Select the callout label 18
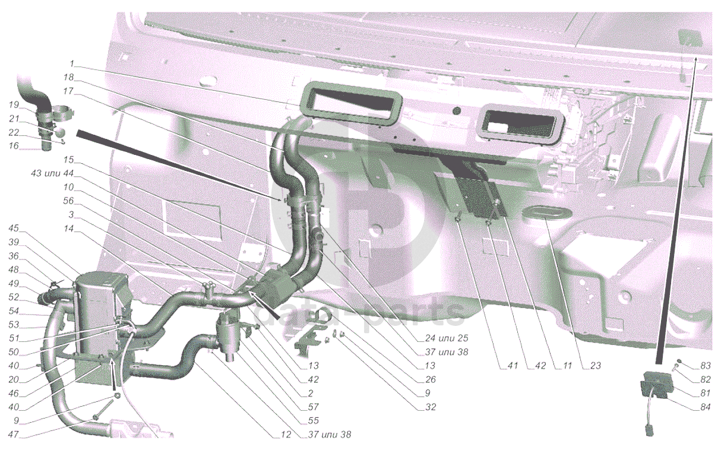click(x=68, y=77)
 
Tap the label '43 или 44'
click(x=52, y=173)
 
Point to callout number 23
click(x=595, y=365)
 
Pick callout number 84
click(x=705, y=407)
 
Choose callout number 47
click(x=14, y=435)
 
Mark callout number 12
click(x=286, y=435)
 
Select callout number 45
click(x=14, y=228)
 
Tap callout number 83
click(x=705, y=365)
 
